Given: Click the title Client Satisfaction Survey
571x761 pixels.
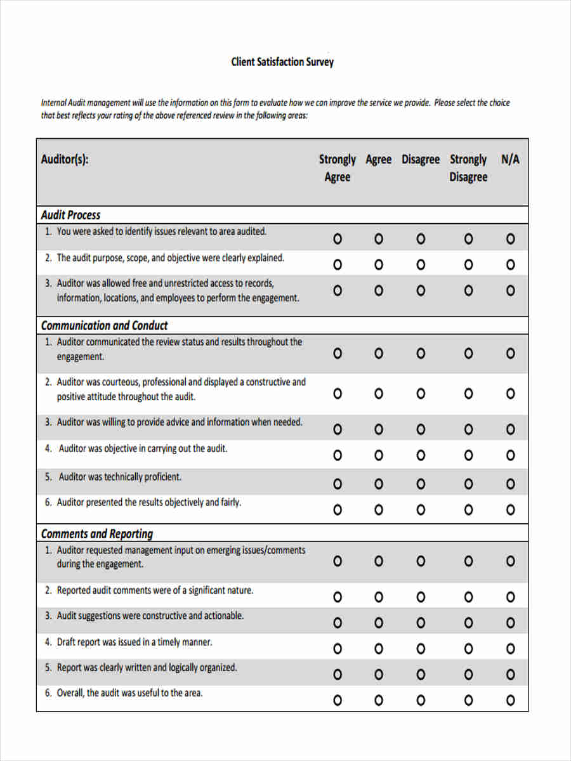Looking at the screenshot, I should tap(282, 62).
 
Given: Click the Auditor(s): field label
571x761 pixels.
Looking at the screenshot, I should tap(65, 160).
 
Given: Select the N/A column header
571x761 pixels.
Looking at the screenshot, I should tap(510, 160).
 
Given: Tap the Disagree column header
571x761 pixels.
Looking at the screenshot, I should tap(420, 160).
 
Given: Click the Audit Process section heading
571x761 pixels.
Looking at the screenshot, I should tap(70, 215).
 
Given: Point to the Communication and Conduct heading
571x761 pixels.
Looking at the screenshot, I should tap(104, 325).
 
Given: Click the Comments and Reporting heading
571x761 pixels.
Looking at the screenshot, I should tap(97, 533).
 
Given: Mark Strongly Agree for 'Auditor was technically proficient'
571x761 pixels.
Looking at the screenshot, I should tap(338, 484).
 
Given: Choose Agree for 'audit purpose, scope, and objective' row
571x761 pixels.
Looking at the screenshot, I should tap(379, 264).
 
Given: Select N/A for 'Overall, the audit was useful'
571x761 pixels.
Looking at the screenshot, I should tap(510, 700).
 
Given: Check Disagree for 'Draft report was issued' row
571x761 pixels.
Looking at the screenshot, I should tap(421, 649).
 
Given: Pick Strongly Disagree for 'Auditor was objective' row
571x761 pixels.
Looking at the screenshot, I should tap(468, 455).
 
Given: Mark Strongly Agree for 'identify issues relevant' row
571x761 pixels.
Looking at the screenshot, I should tap(338, 239).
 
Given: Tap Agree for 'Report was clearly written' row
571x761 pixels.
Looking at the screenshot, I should tap(379, 674).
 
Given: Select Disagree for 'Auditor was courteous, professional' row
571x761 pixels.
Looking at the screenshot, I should tap(421, 394).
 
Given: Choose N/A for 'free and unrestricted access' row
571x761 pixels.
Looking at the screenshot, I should tap(510, 290).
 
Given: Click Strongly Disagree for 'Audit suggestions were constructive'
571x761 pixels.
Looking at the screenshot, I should tap(468, 623).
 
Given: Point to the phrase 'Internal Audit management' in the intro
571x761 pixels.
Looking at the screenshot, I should tap(85, 103).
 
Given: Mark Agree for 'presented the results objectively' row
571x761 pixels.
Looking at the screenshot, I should tap(379, 510).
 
